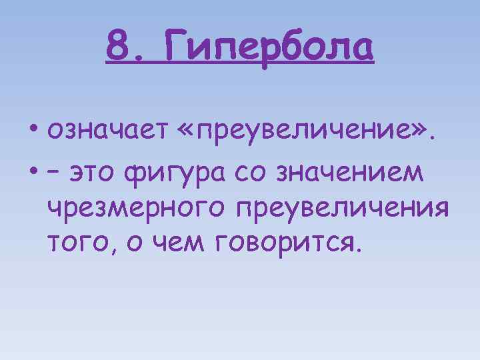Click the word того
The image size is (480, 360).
(73, 245)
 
